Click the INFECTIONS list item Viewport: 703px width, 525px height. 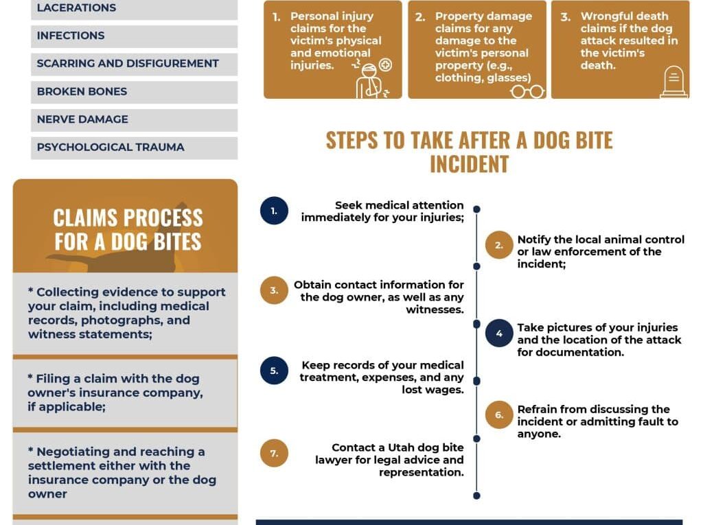[x=71, y=36]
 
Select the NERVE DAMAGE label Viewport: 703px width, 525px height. [x=82, y=119]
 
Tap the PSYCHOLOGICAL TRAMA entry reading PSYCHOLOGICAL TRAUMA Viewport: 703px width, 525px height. [x=111, y=147]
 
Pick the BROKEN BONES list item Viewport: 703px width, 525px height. [x=82, y=91]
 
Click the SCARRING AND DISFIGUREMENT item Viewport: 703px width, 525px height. [x=128, y=63]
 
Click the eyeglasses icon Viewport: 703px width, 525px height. [x=527, y=91]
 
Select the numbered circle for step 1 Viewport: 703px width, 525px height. [x=274, y=211]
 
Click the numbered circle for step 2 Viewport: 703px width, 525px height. [x=499, y=245]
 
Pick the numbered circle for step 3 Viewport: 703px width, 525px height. [x=274, y=290]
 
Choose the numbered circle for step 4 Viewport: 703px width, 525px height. [x=499, y=334]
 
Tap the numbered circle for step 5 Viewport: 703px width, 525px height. [x=274, y=371]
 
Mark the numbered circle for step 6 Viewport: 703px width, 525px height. [x=499, y=415]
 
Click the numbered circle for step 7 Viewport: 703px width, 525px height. [x=274, y=454]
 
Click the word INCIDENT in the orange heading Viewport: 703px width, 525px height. [x=469, y=164]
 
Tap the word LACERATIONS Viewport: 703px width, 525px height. [x=76, y=8]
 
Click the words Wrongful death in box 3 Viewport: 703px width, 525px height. [x=624, y=16]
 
